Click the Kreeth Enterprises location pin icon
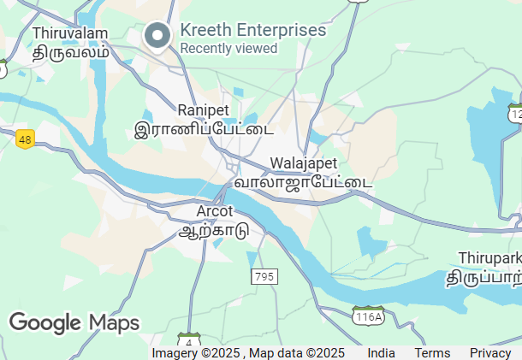157,36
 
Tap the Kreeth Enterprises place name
253,30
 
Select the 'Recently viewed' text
228,49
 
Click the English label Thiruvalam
70,33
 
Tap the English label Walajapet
304,163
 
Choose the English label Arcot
215,211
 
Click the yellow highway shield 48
24,139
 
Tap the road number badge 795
264,276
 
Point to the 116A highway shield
369,316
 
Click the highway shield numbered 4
187,341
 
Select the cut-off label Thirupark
489,257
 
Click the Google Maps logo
74,322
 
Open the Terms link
432,353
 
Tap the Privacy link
490,353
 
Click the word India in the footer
382,353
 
